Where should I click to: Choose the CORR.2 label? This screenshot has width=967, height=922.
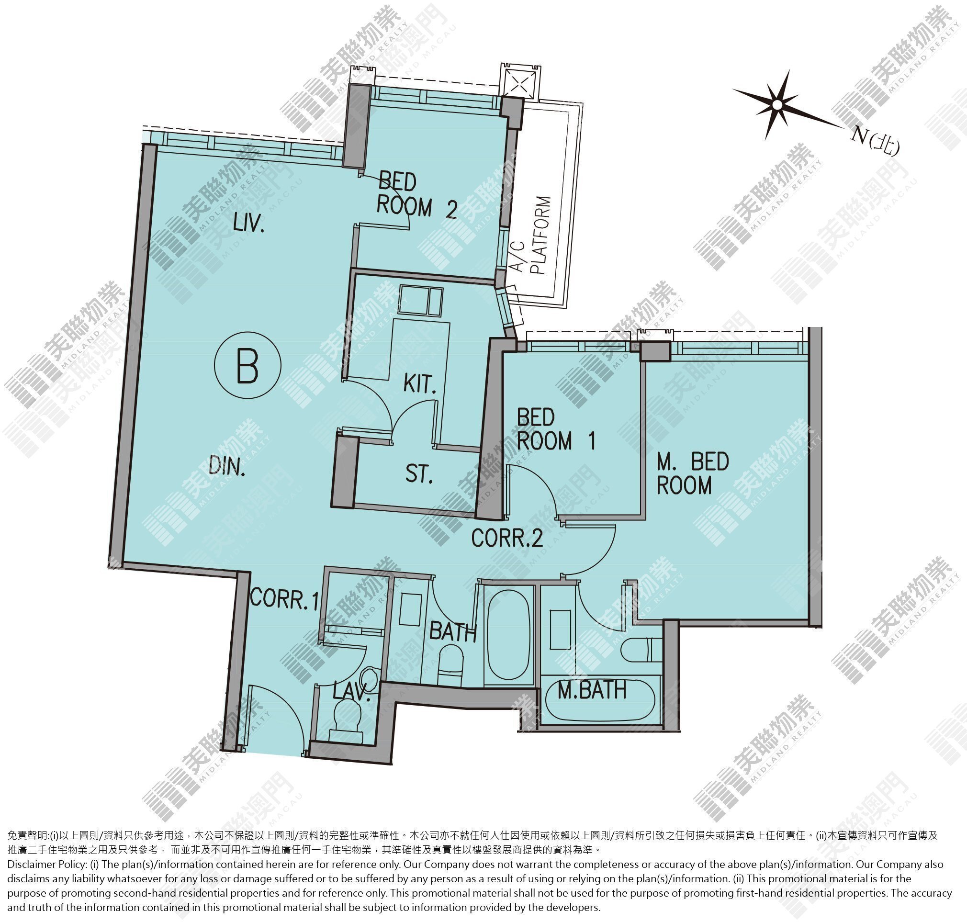coord(507,538)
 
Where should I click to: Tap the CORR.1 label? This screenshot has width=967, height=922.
coord(284,598)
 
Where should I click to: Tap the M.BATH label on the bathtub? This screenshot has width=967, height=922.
coord(593,691)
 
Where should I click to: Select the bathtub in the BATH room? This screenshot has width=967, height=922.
coord(509,631)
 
